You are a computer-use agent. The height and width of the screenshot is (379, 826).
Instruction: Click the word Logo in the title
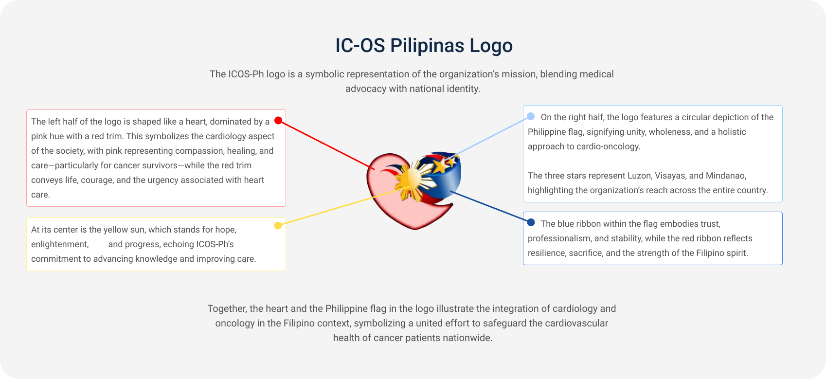(x=491, y=46)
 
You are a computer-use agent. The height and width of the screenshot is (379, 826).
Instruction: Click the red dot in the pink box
(x=278, y=120)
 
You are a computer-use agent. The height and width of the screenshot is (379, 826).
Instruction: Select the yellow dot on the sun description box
(x=278, y=225)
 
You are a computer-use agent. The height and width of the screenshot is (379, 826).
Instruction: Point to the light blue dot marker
(x=531, y=116)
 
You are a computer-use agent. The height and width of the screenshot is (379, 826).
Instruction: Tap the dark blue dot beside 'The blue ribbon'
(x=531, y=222)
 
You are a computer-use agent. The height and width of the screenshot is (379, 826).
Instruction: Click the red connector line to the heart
(x=326, y=144)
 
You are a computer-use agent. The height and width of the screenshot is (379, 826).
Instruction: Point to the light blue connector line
(x=491, y=137)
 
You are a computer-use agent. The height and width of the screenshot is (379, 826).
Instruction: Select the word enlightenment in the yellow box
(x=60, y=244)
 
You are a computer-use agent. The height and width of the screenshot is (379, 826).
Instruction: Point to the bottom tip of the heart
(x=415, y=229)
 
